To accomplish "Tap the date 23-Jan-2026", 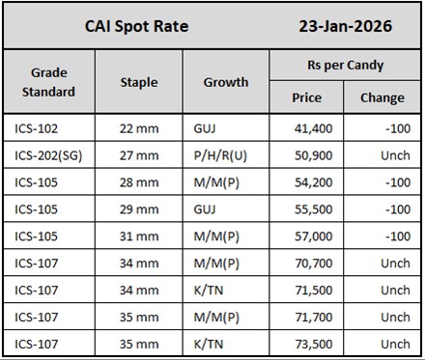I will [x=346, y=25].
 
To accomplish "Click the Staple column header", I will [x=138, y=82].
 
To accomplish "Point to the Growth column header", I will [x=225, y=82].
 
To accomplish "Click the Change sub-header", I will [x=382, y=97].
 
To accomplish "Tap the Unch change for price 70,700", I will [x=394, y=263].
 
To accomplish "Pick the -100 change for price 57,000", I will [x=396, y=235].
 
